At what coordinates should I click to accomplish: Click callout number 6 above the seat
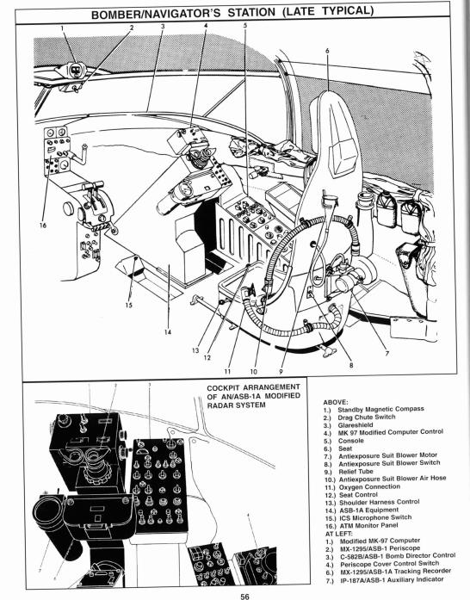[x=327, y=51]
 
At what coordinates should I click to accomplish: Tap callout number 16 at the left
[x=43, y=225]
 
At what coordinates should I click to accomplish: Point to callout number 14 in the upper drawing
[x=168, y=331]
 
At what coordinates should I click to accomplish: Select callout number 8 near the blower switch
[x=351, y=365]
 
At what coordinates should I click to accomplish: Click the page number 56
[x=244, y=597]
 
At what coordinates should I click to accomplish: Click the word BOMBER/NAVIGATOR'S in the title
[x=156, y=15]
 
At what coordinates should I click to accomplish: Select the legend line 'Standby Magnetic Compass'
[x=380, y=409]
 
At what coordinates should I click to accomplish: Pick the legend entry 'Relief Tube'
[x=356, y=472]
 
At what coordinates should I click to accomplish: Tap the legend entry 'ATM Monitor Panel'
[x=368, y=526]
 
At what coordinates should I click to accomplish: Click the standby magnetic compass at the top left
[x=75, y=70]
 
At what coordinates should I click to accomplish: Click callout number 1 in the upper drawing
[x=62, y=28]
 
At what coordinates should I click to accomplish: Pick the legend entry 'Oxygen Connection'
[x=369, y=487]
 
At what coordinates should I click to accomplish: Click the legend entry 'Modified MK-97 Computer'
[x=380, y=541]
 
